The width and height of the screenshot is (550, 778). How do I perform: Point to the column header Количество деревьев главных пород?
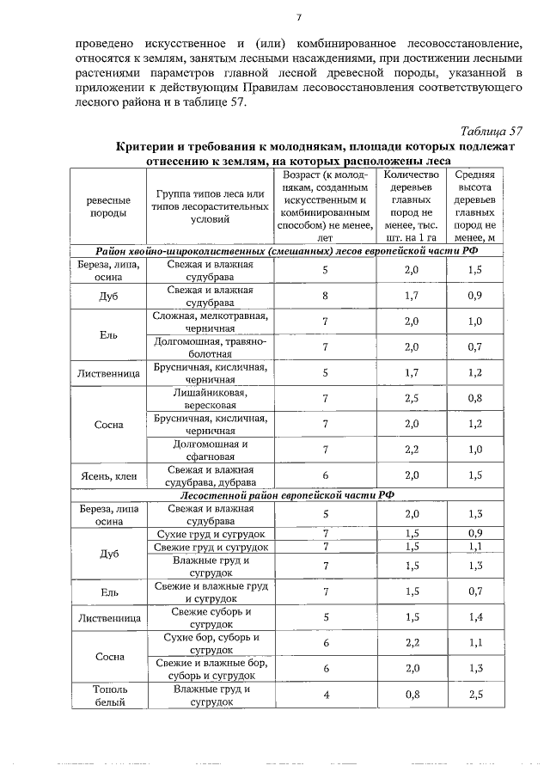[x=411, y=205]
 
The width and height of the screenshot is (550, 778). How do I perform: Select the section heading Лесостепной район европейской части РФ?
[x=287, y=496]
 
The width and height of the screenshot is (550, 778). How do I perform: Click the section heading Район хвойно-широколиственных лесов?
[x=287, y=250]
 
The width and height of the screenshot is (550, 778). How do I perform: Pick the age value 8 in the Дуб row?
[x=326, y=297]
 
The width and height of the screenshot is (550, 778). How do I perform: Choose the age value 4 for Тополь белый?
[x=326, y=695]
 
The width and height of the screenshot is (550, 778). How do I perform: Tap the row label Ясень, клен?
[x=108, y=475]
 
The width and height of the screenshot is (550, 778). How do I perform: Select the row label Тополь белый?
[x=108, y=695]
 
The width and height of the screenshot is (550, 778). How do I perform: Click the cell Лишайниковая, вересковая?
[x=210, y=399]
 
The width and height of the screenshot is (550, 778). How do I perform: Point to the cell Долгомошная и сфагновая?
[x=210, y=450]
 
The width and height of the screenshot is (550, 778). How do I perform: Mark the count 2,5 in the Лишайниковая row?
[x=411, y=399]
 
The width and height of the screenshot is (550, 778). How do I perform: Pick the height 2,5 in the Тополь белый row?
[x=475, y=695]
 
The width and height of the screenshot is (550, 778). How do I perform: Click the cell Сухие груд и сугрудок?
[x=210, y=534]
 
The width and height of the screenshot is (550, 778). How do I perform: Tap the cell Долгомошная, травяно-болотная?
[x=210, y=347]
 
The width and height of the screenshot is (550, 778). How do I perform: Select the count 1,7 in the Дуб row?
[x=411, y=297]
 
